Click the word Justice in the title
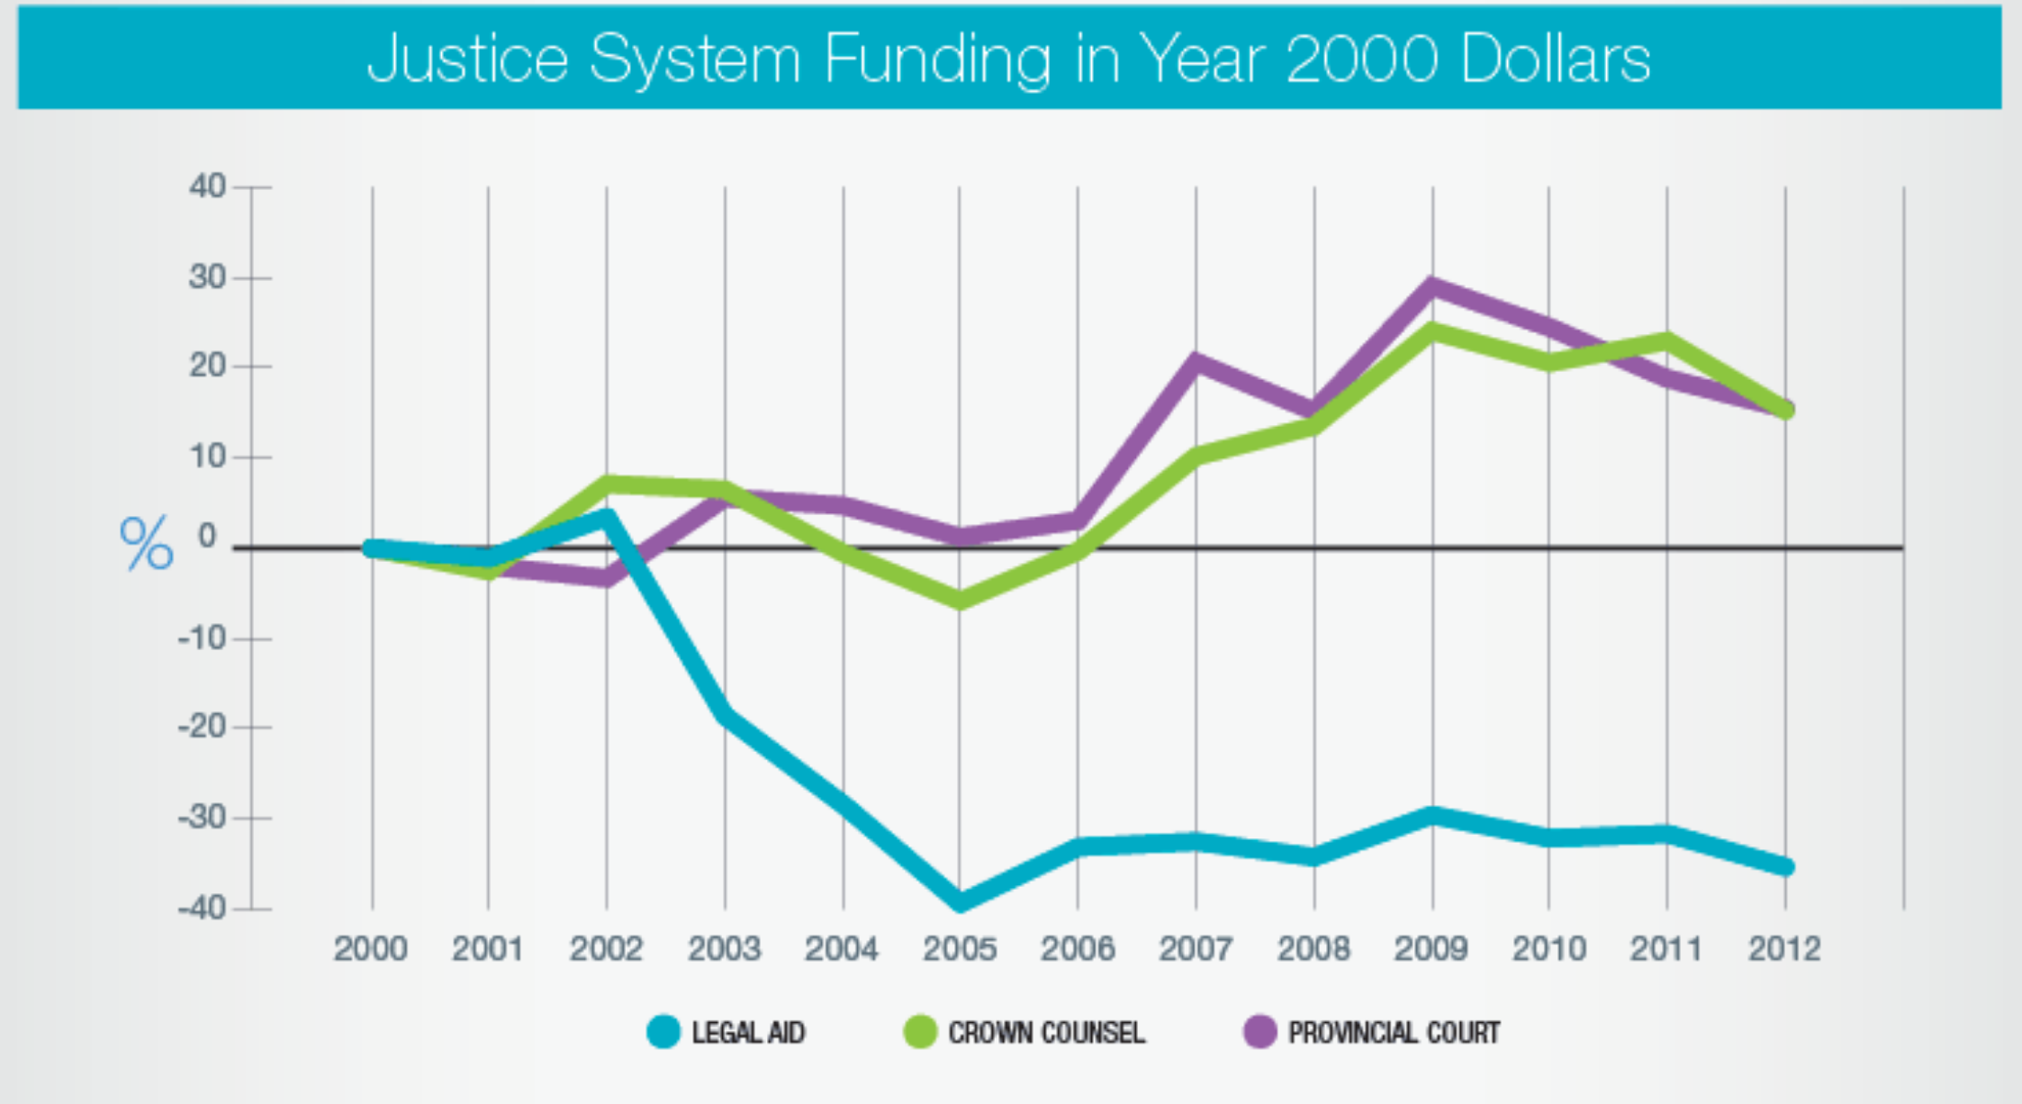(x=467, y=59)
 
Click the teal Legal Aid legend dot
(x=663, y=1032)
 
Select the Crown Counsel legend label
(x=1046, y=1032)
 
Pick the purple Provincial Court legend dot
(x=1259, y=1032)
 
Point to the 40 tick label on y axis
(x=207, y=186)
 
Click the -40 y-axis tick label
(x=202, y=908)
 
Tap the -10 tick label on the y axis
(x=202, y=638)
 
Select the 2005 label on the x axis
(x=959, y=948)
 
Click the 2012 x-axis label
(x=1784, y=948)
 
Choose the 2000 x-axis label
(x=370, y=948)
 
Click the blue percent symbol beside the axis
(x=146, y=543)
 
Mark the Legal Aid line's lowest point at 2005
(x=960, y=901)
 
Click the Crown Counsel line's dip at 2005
(x=960, y=600)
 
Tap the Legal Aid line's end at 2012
(x=1785, y=866)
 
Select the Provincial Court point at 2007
(x=1196, y=362)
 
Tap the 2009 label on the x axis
(x=1431, y=948)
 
